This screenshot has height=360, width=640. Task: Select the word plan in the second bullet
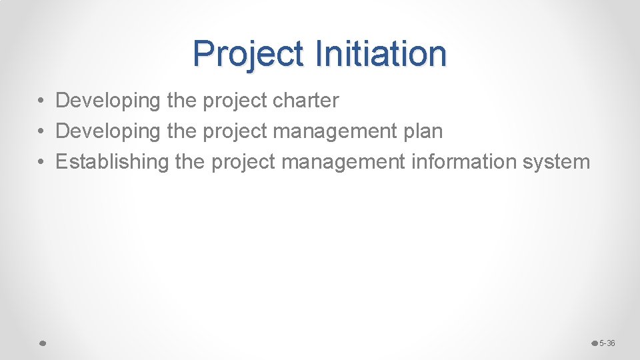(x=423, y=131)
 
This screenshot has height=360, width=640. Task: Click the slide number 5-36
(x=607, y=343)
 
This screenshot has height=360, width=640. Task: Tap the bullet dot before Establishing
(x=41, y=162)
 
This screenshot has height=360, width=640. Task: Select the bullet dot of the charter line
(x=41, y=101)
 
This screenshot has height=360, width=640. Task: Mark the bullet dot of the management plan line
(x=41, y=131)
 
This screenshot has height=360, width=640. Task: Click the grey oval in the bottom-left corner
(x=41, y=343)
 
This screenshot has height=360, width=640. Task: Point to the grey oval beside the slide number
(x=595, y=343)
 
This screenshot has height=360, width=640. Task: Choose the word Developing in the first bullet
(x=108, y=101)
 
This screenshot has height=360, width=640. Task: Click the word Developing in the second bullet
(x=108, y=131)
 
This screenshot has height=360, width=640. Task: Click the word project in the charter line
(x=235, y=101)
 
